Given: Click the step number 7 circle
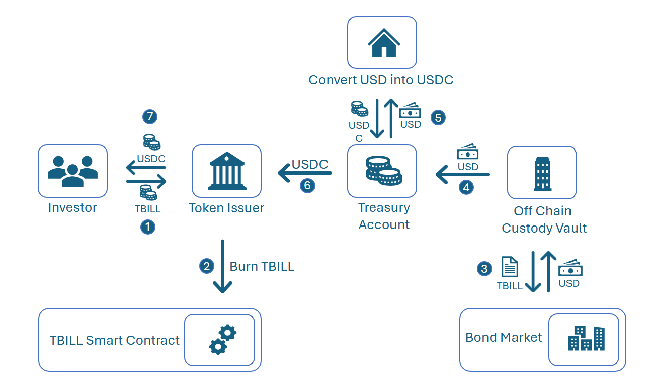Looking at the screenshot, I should click(x=149, y=117).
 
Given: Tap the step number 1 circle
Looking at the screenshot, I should click(x=147, y=227).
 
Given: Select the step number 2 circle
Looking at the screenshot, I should click(x=207, y=266).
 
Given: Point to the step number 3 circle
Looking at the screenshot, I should click(x=484, y=269).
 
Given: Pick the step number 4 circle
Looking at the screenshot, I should click(x=466, y=187).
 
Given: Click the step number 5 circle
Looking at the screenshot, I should click(x=438, y=117).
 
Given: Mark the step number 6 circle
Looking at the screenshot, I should click(x=307, y=186).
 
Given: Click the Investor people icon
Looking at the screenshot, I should click(x=72, y=171).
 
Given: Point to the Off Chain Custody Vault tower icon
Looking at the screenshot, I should click(x=542, y=173).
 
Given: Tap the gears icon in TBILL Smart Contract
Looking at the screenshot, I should click(x=222, y=340).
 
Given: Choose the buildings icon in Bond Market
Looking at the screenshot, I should click(x=586, y=339).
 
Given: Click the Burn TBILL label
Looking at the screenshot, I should click(x=262, y=266).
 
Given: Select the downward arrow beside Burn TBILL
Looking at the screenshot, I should click(x=222, y=266).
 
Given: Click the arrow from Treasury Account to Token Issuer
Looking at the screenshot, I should click(x=305, y=174).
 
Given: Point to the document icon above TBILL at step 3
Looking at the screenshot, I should click(x=510, y=267).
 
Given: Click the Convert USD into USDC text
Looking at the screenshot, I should click(x=381, y=80).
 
